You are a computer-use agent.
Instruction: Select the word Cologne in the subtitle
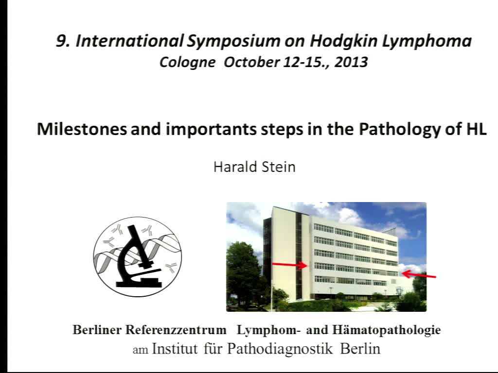click(187, 63)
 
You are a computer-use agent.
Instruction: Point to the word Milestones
click(82, 129)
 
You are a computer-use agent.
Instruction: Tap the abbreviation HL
click(477, 129)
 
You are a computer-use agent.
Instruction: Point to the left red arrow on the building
click(290, 265)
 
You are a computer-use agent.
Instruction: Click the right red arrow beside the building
click(419, 274)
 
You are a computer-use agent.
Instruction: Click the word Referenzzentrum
click(176, 330)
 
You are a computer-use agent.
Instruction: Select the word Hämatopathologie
click(387, 330)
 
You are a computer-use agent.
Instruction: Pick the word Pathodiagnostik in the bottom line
click(280, 349)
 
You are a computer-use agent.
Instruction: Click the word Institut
click(175, 349)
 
